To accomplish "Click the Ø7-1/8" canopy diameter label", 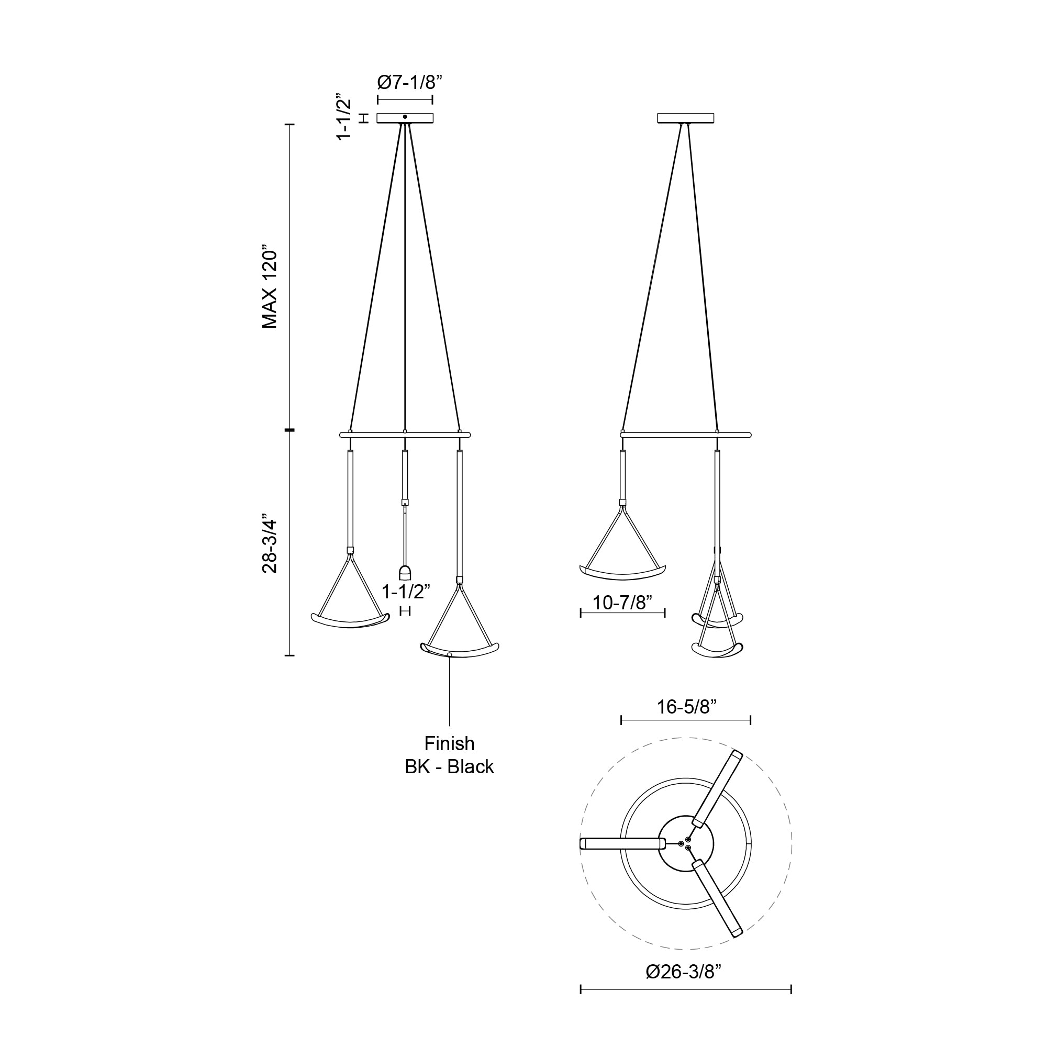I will (x=410, y=83).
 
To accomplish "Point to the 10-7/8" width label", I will (x=622, y=603).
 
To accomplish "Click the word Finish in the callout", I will (x=449, y=743).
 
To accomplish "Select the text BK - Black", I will (x=449, y=767).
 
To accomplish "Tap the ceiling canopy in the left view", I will (x=405, y=118).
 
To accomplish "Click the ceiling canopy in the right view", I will (x=686, y=118).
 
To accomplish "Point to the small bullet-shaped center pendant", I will (x=405, y=573).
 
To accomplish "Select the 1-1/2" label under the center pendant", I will (x=405, y=592).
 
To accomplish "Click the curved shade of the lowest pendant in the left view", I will (x=460, y=650).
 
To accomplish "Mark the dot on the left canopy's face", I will (x=405, y=117).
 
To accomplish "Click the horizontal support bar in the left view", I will (x=405, y=435).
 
